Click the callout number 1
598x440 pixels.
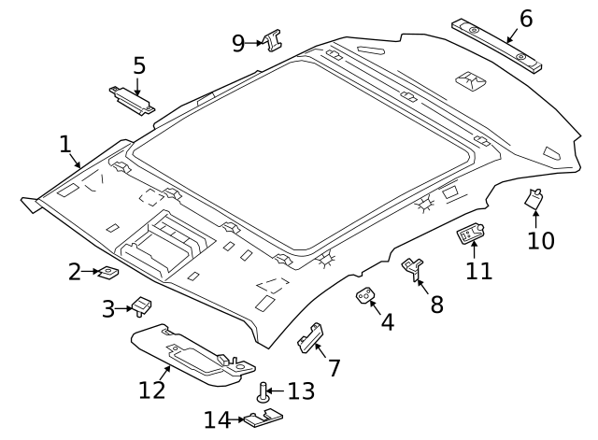pos(65,145)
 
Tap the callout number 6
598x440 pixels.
pos(526,19)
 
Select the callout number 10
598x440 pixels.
pos(540,240)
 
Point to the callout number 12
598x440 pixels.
pos(151,390)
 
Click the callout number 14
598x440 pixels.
pos(218,419)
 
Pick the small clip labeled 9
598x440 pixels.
pos(273,40)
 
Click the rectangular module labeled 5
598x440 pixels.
pos(133,100)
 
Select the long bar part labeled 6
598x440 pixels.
pos(497,46)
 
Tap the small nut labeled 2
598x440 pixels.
pos(108,272)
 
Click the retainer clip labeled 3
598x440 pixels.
pos(141,305)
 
